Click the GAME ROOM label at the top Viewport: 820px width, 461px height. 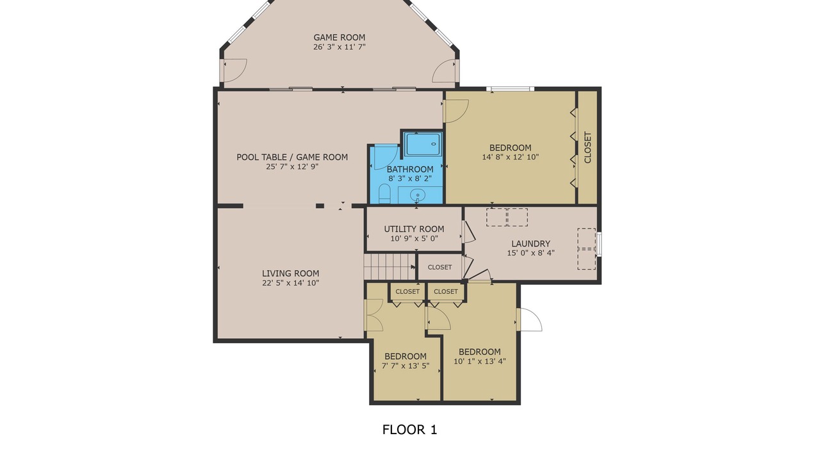point(339,37)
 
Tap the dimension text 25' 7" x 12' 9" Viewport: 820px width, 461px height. point(292,167)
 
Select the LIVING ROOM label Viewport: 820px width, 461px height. point(290,273)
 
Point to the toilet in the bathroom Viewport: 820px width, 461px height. point(384,194)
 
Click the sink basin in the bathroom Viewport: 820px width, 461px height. point(417,195)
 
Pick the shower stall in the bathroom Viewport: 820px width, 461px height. point(423,145)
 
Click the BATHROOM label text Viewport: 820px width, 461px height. point(410,170)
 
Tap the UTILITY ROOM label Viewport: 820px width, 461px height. point(414,229)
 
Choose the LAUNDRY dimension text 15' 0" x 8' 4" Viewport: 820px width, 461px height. point(531,253)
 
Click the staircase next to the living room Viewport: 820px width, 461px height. point(389,267)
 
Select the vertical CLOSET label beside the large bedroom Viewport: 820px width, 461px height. point(587,147)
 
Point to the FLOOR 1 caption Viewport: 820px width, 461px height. point(409,430)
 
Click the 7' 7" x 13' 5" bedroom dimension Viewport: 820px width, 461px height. point(406,366)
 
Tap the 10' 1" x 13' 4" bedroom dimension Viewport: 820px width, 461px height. point(480,361)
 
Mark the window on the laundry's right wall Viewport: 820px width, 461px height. point(599,244)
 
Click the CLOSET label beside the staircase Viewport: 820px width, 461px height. point(439,268)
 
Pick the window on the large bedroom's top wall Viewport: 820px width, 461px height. point(511,88)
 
